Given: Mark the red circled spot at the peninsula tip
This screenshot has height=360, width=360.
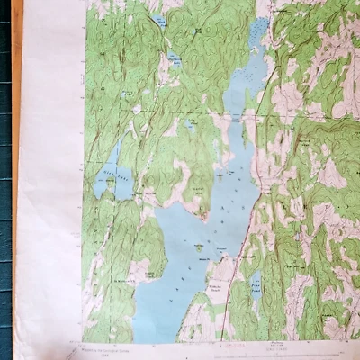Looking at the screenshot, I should click(205, 215).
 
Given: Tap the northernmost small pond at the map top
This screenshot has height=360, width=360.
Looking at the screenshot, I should click(159, 20).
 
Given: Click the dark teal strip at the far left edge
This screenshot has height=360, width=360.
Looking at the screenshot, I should click(5, 180).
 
